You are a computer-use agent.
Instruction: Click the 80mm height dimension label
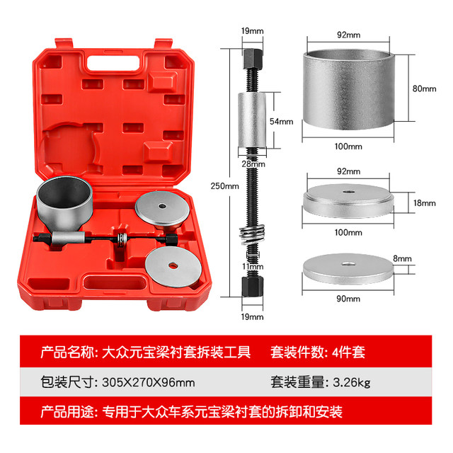[425, 88]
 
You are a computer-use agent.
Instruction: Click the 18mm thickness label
[425, 203]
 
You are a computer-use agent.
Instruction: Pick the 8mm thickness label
[422, 260]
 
